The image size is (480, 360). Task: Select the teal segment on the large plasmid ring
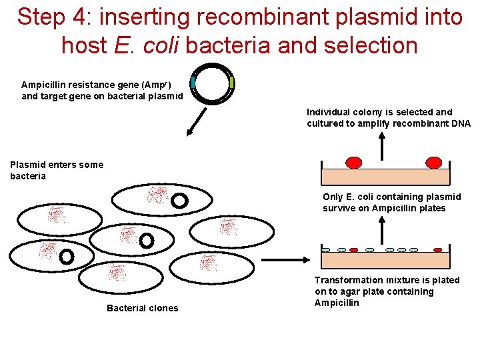[193, 82]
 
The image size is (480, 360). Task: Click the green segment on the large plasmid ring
[231, 82]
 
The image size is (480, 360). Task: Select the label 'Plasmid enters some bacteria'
[56, 170]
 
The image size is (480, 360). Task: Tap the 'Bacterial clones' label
[142, 308]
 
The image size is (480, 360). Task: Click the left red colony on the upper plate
[354, 163]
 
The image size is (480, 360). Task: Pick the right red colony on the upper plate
[433, 163]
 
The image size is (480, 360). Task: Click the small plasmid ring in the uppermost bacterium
[180, 200]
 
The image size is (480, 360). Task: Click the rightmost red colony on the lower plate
[437, 250]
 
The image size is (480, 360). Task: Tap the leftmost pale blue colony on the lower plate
[326, 250]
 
